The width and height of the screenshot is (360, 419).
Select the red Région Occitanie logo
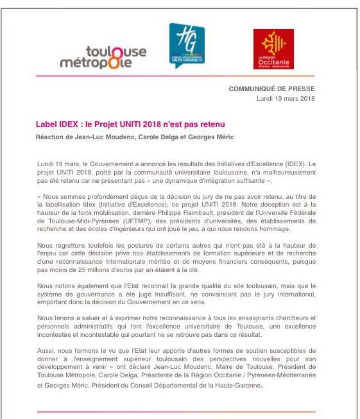273,49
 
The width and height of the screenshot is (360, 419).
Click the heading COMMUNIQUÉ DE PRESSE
272,89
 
